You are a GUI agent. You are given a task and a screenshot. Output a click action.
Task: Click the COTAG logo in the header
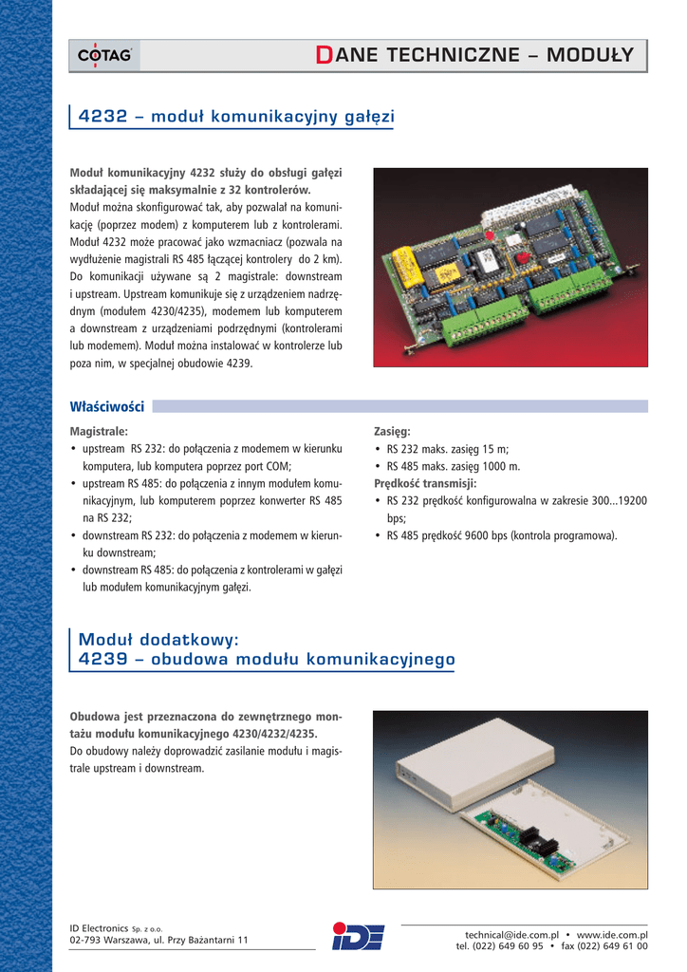[104, 57]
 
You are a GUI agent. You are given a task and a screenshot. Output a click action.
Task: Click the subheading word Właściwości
[107, 406]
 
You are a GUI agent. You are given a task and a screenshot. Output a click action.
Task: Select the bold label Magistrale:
[100, 431]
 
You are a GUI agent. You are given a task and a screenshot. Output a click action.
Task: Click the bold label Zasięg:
[393, 431]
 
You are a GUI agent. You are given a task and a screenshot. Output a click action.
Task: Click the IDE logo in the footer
[358, 936]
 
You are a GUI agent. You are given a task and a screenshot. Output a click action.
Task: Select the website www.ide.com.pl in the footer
[612, 934]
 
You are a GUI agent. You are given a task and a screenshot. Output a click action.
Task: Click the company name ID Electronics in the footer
[99, 927]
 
